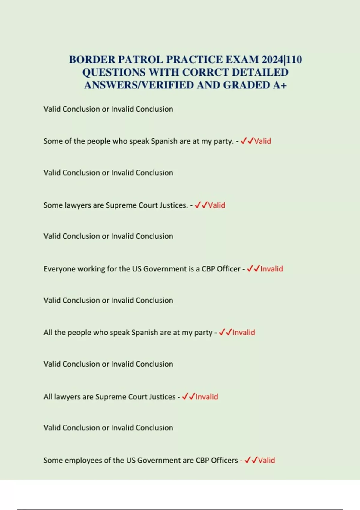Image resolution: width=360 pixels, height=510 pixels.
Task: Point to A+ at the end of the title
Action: [280, 85]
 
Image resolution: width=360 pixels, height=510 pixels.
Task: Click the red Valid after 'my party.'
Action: [262, 141]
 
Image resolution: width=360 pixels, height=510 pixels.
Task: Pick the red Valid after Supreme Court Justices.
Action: [217, 205]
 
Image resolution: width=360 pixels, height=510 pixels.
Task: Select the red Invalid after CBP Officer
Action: [271, 269]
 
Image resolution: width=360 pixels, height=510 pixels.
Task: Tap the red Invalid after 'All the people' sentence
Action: [244, 332]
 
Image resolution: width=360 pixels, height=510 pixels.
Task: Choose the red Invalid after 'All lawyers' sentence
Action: [207, 397]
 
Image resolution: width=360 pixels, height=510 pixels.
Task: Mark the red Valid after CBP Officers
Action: [266, 460]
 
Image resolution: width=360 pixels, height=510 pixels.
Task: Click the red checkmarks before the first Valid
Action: [247, 141]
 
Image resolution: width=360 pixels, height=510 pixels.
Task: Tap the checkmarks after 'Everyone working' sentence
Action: [253, 268]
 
